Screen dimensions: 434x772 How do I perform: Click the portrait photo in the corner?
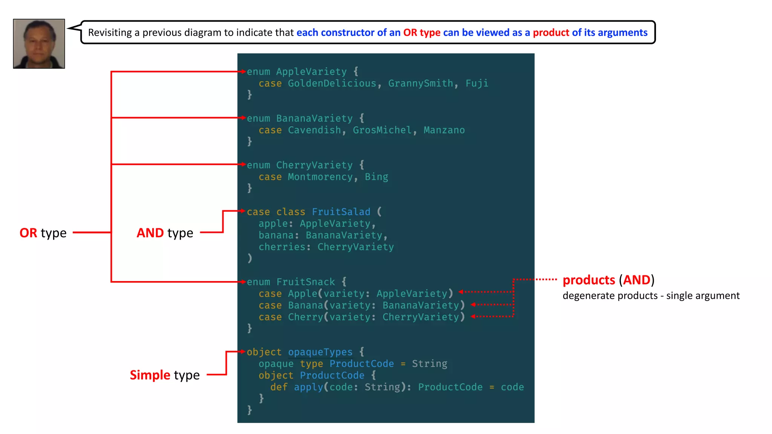[39, 44]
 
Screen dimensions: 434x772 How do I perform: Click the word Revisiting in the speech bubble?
[110, 33]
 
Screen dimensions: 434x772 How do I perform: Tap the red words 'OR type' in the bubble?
[422, 33]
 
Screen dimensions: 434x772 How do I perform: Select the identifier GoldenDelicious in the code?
[332, 83]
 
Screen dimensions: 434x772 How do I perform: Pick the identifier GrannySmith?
[421, 83]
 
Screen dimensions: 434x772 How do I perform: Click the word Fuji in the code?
[476, 83]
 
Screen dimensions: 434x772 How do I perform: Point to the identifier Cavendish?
[314, 130]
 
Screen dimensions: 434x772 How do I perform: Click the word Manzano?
[444, 130]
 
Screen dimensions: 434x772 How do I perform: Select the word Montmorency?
[320, 177]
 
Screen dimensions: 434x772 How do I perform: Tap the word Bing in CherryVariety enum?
[376, 177]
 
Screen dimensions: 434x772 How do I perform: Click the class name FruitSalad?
[341, 212]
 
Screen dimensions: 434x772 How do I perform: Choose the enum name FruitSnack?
[305, 282]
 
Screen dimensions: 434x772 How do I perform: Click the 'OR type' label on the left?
[43, 233]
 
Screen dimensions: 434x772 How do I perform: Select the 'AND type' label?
[165, 233]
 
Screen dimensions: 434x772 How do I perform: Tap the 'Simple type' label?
[165, 375]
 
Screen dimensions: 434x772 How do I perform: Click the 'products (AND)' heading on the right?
[608, 280]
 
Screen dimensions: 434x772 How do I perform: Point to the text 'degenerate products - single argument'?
[651, 296]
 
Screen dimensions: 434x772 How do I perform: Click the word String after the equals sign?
[429, 364]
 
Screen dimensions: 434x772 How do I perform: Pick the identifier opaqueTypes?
[320, 352]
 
